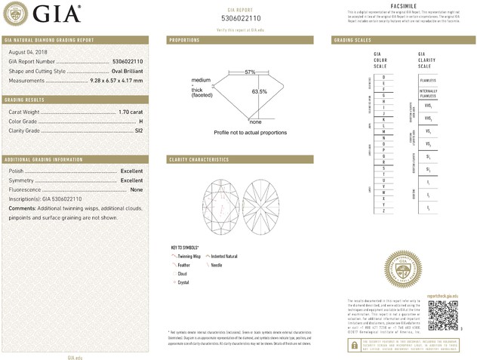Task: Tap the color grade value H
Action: click(x=141, y=121)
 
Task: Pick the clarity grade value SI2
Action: click(x=138, y=131)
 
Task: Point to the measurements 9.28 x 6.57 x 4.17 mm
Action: click(x=113, y=79)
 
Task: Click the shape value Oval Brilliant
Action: click(x=122, y=70)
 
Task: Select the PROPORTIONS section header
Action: click(x=185, y=39)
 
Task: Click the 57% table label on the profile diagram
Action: click(x=250, y=72)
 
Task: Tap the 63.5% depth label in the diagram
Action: click(x=260, y=91)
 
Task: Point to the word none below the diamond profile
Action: click(x=255, y=122)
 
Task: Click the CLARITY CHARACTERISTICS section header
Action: click(x=198, y=160)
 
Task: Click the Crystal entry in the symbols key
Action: click(x=183, y=282)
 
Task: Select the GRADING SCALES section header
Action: click(x=352, y=39)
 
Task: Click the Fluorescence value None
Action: click(x=137, y=189)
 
